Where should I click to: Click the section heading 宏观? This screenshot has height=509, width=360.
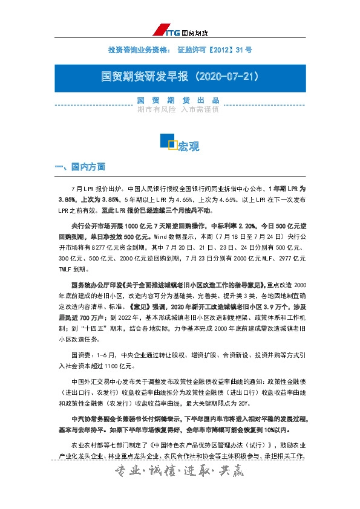(x=189, y=146)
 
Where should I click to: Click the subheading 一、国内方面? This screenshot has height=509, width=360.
(x=80, y=166)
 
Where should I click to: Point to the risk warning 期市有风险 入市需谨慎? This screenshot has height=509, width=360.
(x=178, y=110)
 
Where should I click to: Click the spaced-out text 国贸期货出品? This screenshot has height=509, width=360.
(x=178, y=100)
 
